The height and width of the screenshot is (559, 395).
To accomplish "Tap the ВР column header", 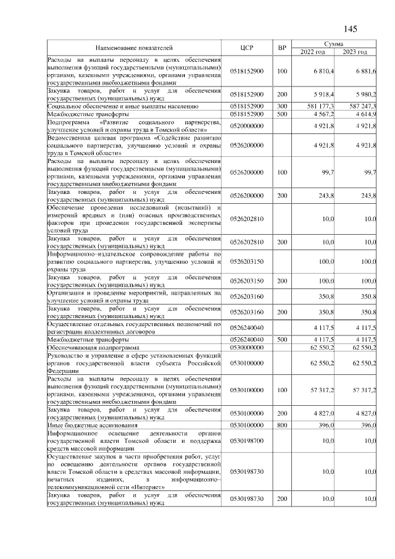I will [282, 48].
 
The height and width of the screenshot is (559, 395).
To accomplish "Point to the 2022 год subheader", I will [312, 52].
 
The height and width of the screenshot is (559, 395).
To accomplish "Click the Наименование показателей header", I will [134, 48].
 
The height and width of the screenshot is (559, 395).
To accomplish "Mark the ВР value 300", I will [282, 106].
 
